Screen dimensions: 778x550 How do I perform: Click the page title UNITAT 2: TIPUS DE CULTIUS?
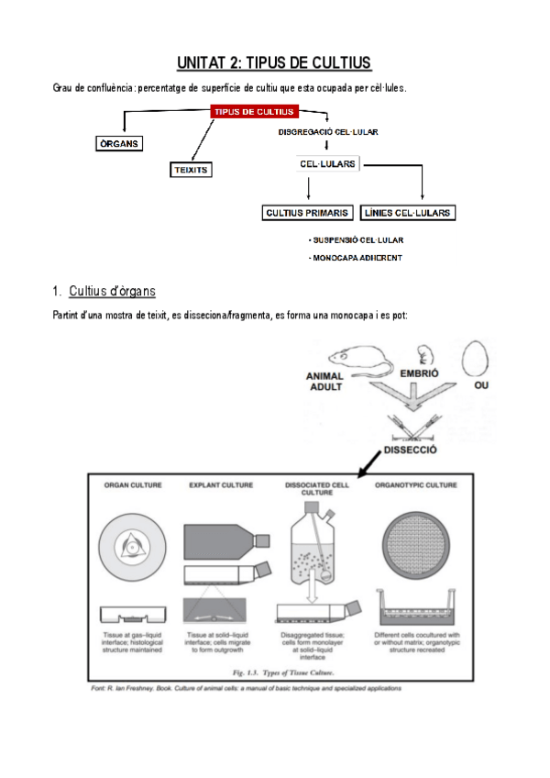pyautogui.click(x=274, y=62)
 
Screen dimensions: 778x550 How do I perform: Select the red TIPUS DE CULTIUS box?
pyautogui.click(x=255, y=112)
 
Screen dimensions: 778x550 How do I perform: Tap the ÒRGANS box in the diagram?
pyautogui.click(x=119, y=144)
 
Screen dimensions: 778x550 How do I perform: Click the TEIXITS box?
pyautogui.click(x=192, y=170)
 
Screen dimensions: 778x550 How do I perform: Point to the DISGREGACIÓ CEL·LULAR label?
pyautogui.click(x=328, y=132)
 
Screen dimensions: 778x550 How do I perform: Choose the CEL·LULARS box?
pyautogui.click(x=328, y=163)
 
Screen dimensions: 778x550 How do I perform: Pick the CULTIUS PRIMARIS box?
pyautogui.click(x=307, y=213)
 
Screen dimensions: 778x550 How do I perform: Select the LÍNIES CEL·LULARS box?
pyautogui.click(x=408, y=213)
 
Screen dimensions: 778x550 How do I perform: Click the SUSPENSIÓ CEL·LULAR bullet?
pyautogui.click(x=357, y=240)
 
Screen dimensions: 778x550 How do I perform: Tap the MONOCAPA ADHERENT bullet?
pyautogui.click(x=356, y=258)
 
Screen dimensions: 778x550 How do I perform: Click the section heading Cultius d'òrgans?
pyautogui.click(x=112, y=291)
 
